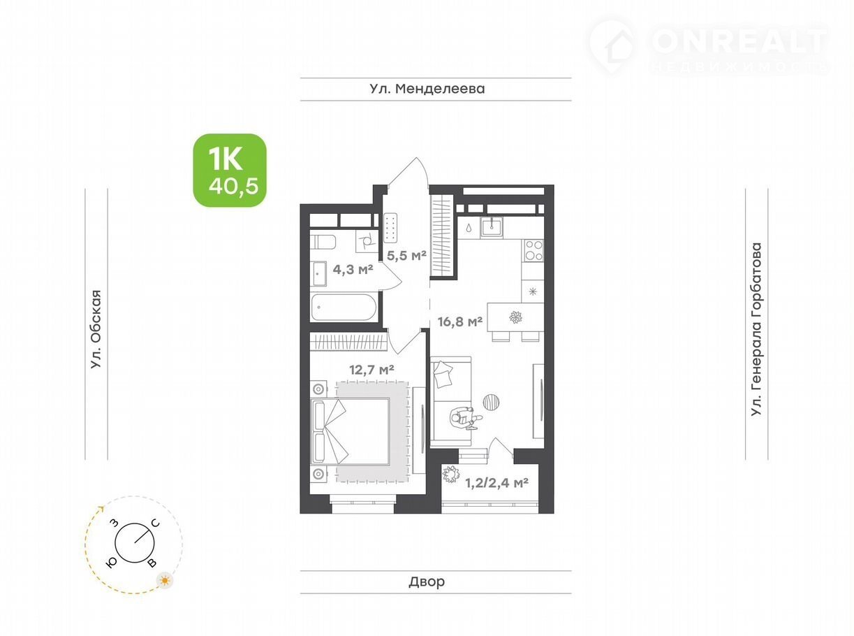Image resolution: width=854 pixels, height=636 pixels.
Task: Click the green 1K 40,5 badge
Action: [x=230, y=170]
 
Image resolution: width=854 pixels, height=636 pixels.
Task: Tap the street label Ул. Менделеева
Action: [x=427, y=89]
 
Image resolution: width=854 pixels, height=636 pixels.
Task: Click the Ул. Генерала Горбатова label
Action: [x=756, y=329]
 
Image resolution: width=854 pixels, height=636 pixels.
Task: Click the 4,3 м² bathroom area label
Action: [x=353, y=269]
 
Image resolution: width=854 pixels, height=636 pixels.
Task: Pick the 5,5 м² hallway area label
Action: [x=406, y=255]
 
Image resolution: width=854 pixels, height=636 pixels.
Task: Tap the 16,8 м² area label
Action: [x=460, y=321]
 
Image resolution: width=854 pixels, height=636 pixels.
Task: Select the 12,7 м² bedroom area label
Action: [x=371, y=370]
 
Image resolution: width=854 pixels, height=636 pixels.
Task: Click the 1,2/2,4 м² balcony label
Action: [x=496, y=483]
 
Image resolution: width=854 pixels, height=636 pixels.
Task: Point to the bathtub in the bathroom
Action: [x=344, y=308]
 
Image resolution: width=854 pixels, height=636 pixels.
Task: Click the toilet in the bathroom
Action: [x=323, y=242]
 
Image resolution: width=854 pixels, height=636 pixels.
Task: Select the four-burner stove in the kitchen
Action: [x=533, y=250]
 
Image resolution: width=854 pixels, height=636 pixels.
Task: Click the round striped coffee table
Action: [x=492, y=403]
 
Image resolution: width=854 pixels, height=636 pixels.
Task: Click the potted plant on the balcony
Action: [x=451, y=475]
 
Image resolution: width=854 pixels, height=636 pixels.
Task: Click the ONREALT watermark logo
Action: [x=709, y=47]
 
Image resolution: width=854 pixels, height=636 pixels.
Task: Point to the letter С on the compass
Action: [x=156, y=523]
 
